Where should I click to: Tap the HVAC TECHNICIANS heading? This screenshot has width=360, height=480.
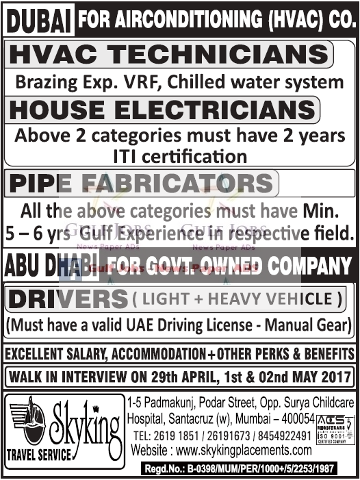pos(168,55)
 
